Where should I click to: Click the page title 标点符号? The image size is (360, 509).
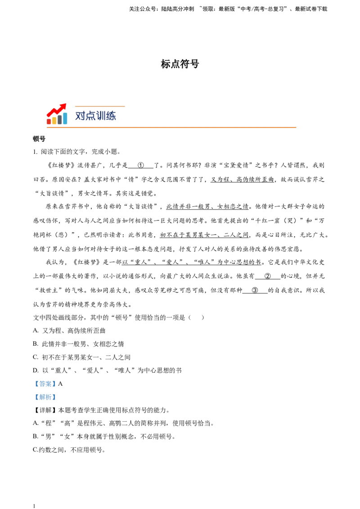click(180, 64)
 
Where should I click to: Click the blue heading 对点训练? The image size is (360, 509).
click(95, 116)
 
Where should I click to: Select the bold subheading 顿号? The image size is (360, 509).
click(39, 139)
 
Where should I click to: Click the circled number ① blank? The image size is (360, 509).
click(141, 165)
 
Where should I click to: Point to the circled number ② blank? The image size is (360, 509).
click(267, 276)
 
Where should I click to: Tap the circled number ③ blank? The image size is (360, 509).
click(255, 290)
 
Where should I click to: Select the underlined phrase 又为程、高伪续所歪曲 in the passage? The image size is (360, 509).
click(243, 179)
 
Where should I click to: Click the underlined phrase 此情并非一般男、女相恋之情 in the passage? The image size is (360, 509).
click(207, 206)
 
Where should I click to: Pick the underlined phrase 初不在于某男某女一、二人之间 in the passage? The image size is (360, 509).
click(204, 235)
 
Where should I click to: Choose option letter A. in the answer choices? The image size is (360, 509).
click(36, 331)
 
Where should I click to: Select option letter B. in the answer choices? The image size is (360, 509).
click(36, 344)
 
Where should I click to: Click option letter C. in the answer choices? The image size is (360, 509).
click(36, 357)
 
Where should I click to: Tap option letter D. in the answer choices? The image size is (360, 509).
click(36, 371)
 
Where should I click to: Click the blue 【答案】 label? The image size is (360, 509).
click(45, 384)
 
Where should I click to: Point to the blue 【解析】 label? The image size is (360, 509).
click(45, 397)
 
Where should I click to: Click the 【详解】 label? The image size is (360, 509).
click(45, 411)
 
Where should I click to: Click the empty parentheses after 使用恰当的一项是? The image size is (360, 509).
click(196, 317)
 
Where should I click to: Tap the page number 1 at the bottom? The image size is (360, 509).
click(34, 506)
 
